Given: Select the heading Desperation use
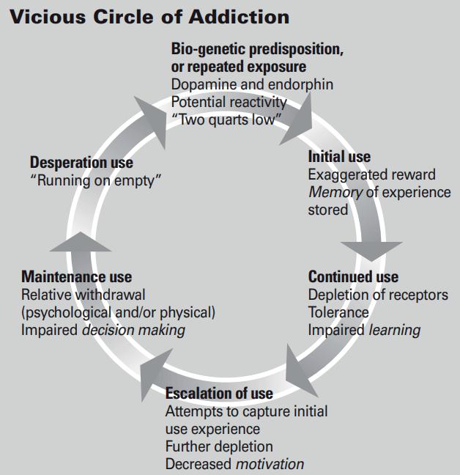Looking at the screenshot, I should tap(82, 163).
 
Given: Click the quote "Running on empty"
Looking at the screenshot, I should tap(95, 180).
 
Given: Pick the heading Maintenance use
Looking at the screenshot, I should tap(77, 277).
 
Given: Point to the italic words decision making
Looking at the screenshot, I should tap(133, 330).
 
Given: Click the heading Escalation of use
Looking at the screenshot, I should tap(219, 394).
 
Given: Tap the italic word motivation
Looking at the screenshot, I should tap(270, 464).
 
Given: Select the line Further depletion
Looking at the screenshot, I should tap(219, 446).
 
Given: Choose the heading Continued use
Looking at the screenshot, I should tap(353, 277).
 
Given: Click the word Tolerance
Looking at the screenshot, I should tap(338, 312).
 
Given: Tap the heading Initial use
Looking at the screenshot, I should tap(339, 157).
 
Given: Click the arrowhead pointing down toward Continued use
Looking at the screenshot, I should tap(373, 249).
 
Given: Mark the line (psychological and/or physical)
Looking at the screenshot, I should tap(119, 312).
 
